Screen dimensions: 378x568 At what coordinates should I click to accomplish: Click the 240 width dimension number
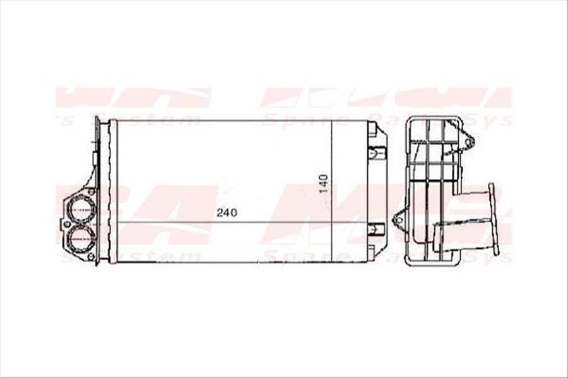tap(227, 213)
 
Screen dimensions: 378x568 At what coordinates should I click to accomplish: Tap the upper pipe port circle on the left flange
tap(81, 207)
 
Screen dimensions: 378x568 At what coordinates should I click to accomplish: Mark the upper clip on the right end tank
tap(377, 152)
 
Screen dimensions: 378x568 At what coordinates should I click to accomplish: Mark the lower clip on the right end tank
tap(377, 229)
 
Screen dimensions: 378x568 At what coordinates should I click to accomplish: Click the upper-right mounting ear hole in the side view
tap(468, 143)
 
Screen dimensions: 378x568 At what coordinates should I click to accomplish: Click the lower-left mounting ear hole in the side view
tap(398, 220)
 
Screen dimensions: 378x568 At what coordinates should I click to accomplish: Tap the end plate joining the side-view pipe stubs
tap(494, 214)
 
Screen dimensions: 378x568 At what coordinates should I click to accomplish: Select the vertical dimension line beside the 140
tap(332, 189)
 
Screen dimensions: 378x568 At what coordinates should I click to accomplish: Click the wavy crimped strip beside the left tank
tap(113, 189)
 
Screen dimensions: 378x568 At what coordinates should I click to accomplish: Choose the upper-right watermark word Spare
tap(287, 119)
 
